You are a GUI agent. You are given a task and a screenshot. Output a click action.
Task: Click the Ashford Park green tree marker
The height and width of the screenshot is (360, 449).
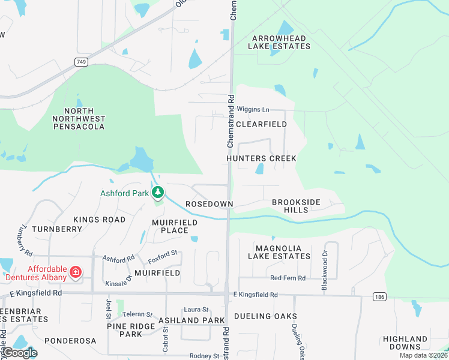(x=158, y=193)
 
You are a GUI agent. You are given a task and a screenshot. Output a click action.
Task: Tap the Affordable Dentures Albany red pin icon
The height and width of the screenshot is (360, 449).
(x=76, y=272)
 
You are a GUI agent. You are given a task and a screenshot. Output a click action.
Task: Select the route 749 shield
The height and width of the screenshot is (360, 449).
(x=81, y=62)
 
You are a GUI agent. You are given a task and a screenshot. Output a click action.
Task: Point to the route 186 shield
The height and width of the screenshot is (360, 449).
(x=378, y=297)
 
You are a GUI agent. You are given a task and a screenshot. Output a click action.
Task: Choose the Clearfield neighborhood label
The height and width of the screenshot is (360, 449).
(x=261, y=124)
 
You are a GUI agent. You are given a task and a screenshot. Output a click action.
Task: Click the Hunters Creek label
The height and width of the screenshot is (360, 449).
(x=261, y=158)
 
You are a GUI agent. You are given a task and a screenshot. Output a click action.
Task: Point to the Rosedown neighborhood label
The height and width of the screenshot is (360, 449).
(x=209, y=204)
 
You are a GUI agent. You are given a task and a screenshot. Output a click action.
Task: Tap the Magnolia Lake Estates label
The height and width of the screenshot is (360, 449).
(x=282, y=252)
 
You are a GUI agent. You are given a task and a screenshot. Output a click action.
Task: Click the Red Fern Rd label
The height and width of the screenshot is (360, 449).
(x=288, y=278)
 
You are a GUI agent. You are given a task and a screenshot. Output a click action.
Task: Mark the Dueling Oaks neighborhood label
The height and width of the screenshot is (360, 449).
(x=265, y=316)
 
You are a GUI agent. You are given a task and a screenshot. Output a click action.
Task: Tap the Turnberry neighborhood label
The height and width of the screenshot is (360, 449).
(x=56, y=229)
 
